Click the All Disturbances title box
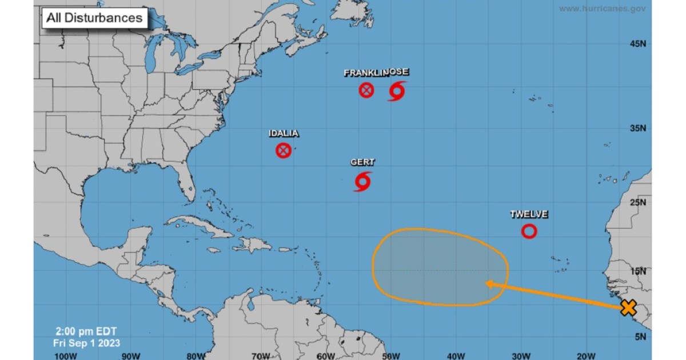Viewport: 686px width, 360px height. point(94,18)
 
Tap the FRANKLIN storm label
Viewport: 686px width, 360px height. point(364,73)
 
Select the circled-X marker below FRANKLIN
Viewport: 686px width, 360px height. point(366,90)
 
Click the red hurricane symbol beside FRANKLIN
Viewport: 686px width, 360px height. point(397,90)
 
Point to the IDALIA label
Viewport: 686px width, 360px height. point(284,134)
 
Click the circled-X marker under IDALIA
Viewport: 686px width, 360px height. point(284,150)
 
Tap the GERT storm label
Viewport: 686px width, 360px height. point(362,163)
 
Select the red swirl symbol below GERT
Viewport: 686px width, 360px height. point(362,181)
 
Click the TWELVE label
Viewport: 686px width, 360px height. point(529,215)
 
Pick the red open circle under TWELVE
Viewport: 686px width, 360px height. point(529,231)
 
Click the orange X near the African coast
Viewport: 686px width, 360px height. point(628,309)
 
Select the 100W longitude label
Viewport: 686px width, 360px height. point(66,357)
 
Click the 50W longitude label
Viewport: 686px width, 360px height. point(390,357)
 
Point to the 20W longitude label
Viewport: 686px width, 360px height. point(587,357)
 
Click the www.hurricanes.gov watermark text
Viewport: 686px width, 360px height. point(603,9)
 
